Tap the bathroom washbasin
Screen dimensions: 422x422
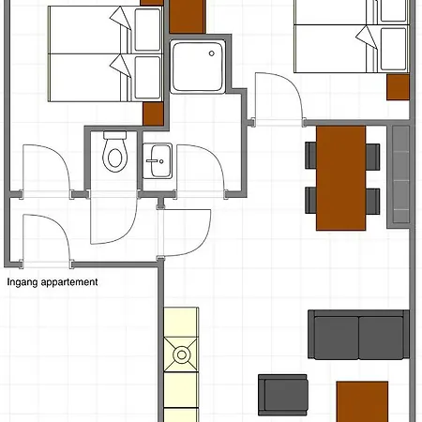pos(158,160)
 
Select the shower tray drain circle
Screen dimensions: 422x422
pos(212,53)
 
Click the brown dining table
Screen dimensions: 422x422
pos(340,178)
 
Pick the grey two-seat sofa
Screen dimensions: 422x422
pos(358,335)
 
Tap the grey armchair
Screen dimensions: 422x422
pos(283,395)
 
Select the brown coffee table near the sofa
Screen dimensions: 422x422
pos(362,401)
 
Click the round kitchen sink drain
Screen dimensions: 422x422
pos(182,354)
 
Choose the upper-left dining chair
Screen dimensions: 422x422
pos(311,156)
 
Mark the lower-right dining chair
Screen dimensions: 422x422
pos(372,201)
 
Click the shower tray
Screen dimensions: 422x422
pos(198,67)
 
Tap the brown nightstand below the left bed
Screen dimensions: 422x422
pos(153,114)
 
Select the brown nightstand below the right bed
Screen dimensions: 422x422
pos(398,87)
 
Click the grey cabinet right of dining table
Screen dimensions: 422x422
pos(399,175)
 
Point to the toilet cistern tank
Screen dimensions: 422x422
pos(114,135)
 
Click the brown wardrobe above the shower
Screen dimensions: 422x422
pos(188,16)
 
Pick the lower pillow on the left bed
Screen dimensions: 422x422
pos(147,78)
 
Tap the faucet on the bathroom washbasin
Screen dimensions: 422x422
pos(152,161)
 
